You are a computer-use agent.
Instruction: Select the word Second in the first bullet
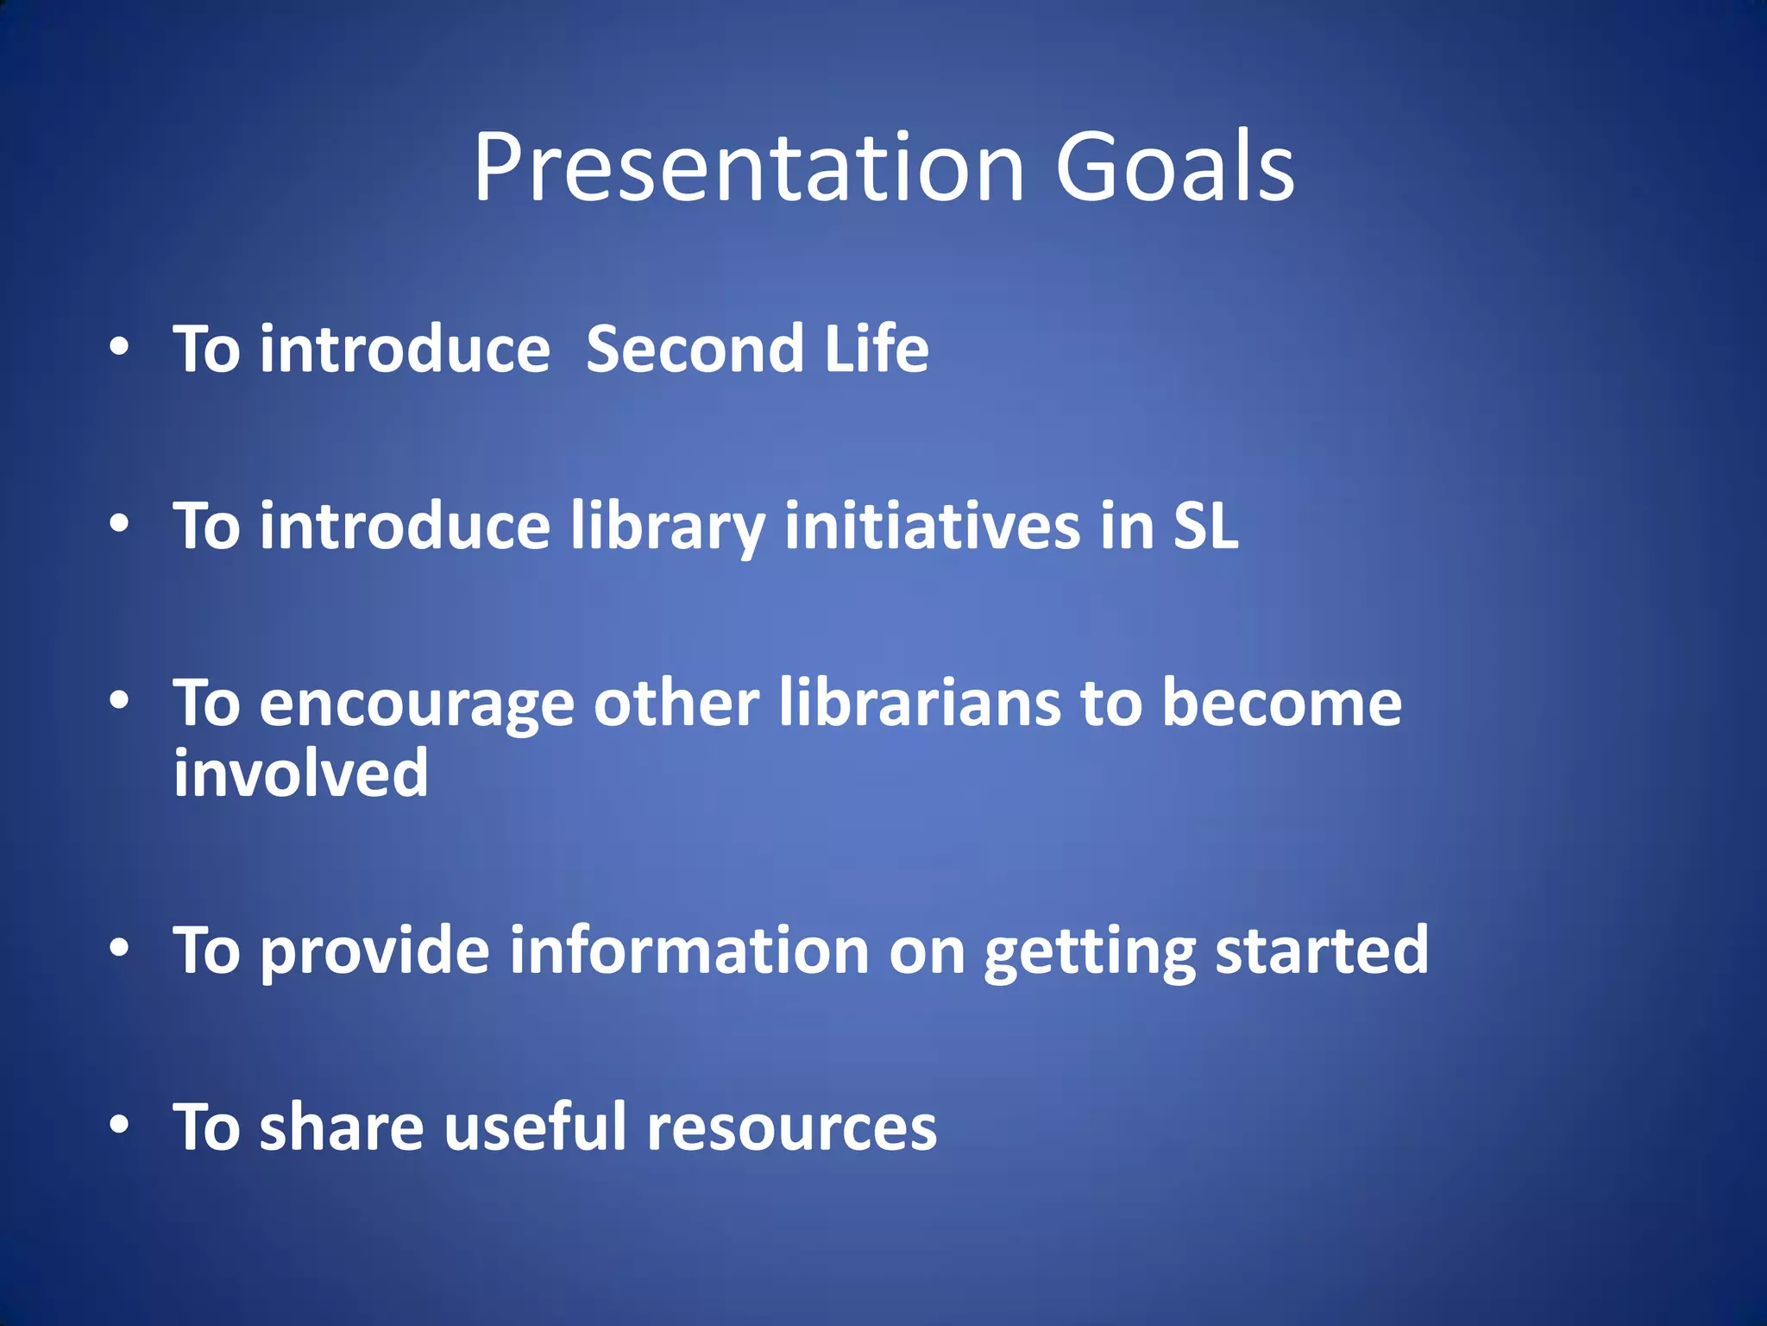[695, 350]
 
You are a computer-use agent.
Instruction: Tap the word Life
[876, 350]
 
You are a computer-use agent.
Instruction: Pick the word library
[667, 527]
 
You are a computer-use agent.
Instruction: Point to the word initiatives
[932, 527]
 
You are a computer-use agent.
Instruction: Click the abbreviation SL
[1205, 527]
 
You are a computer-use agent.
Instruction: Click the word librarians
[920, 704]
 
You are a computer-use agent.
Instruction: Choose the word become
[1281, 704]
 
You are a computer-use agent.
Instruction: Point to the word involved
[300, 773]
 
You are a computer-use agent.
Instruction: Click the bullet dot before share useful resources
[120, 1125]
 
